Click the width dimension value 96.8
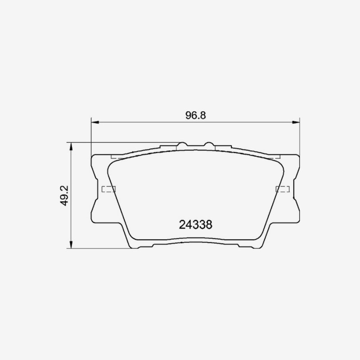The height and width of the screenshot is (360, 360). (x=196, y=116)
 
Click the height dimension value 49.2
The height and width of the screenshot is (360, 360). (x=64, y=196)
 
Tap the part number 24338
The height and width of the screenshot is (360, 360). (x=196, y=225)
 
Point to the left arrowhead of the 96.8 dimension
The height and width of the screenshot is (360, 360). (x=95, y=122)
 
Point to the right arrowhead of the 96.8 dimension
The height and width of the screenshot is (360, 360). (x=296, y=122)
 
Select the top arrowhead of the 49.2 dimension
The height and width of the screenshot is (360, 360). (x=71, y=146)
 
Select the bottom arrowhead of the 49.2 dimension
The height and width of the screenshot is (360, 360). (x=71, y=244)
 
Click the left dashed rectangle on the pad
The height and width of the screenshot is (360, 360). (x=108, y=189)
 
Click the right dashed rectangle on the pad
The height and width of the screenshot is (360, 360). (x=283, y=189)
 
